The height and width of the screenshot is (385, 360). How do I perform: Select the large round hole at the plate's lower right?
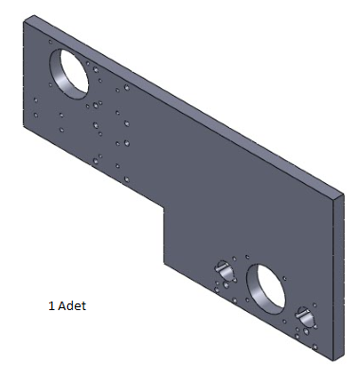click(265, 288)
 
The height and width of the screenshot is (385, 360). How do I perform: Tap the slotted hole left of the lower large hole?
click(224, 269)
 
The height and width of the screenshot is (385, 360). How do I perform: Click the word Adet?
click(72, 305)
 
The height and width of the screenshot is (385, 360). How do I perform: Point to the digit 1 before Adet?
click(51, 306)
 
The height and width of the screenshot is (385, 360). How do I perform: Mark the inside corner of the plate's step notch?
click(164, 207)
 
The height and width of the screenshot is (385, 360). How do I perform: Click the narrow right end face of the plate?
click(338, 277)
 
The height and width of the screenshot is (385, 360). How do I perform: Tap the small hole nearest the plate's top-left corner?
click(50, 42)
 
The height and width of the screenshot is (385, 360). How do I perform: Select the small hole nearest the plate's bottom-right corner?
click(315, 347)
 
